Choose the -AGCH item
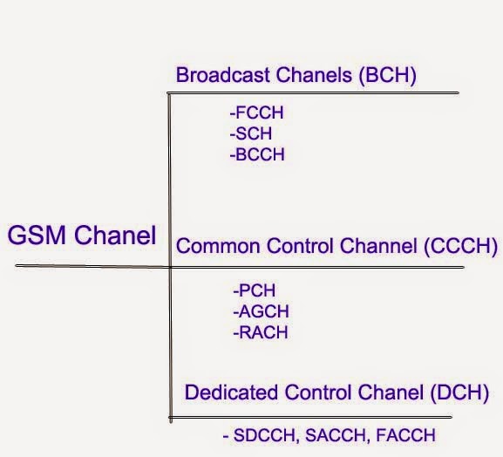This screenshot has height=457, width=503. pyautogui.click(x=261, y=311)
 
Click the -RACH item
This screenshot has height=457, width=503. pyautogui.click(x=260, y=332)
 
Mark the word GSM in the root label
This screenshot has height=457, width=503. pyautogui.click(x=35, y=235)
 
